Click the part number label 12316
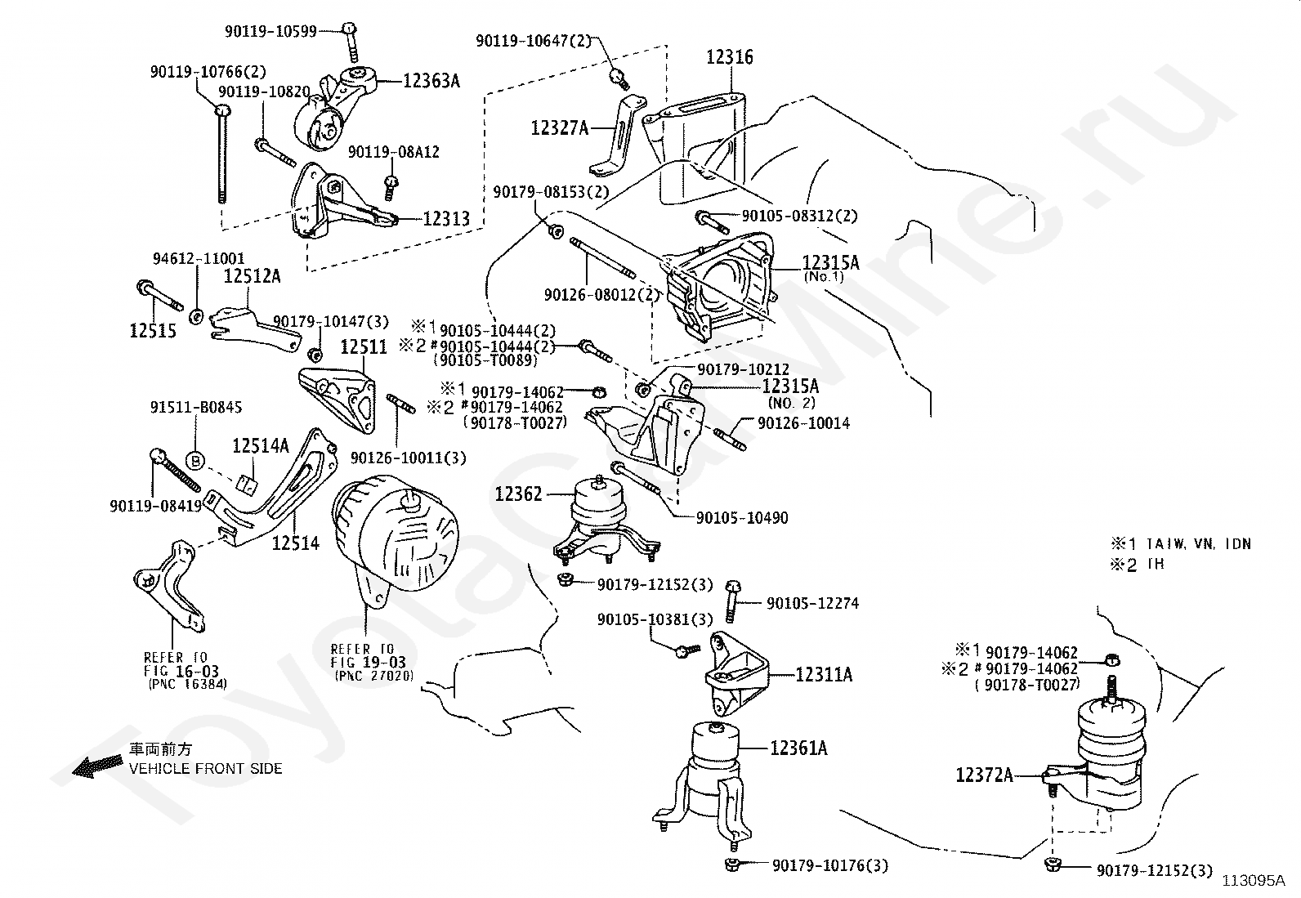click(x=730, y=57)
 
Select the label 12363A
click(x=431, y=80)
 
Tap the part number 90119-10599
click(x=271, y=31)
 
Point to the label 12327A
click(x=560, y=127)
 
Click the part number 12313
click(x=446, y=218)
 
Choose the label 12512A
click(x=252, y=276)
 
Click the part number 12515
click(x=153, y=330)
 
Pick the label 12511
click(x=364, y=346)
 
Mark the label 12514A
click(x=261, y=445)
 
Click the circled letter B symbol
click(x=195, y=460)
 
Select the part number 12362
click(x=518, y=494)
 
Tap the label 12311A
click(x=824, y=674)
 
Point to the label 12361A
click(x=798, y=747)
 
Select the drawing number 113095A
click(x=1254, y=881)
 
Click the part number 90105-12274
click(x=812, y=603)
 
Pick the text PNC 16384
click(x=188, y=685)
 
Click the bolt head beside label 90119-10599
click(x=349, y=29)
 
